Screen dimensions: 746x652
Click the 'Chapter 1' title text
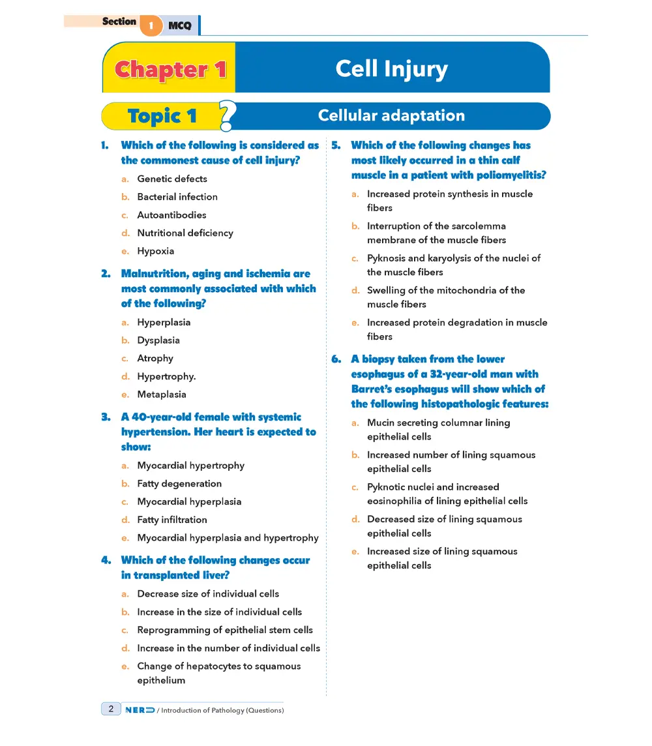tap(170, 70)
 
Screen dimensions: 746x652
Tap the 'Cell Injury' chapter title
tap(391, 68)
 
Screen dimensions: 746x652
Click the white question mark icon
tap(228, 115)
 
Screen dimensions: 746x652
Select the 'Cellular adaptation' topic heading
tap(391, 116)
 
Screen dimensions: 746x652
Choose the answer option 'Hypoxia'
tap(155, 251)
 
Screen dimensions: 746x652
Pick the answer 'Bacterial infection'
tap(177, 197)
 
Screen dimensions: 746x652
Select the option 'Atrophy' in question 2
tap(155, 359)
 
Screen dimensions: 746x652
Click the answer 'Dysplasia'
tap(158, 340)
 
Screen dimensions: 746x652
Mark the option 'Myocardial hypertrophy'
tap(190, 466)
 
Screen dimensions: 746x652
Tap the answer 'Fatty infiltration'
tap(171, 520)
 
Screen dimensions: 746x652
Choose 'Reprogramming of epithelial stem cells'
tap(224, 630)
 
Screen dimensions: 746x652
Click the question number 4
tap(106, 560)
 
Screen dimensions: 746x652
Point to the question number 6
tap(336, 359)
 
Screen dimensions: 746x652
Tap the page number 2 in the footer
tap(111, 709)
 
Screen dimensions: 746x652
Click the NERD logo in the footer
tap(140, 709)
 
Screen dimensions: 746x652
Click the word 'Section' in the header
tap(119, 22)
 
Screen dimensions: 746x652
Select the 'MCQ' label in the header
tap(179, 26)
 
